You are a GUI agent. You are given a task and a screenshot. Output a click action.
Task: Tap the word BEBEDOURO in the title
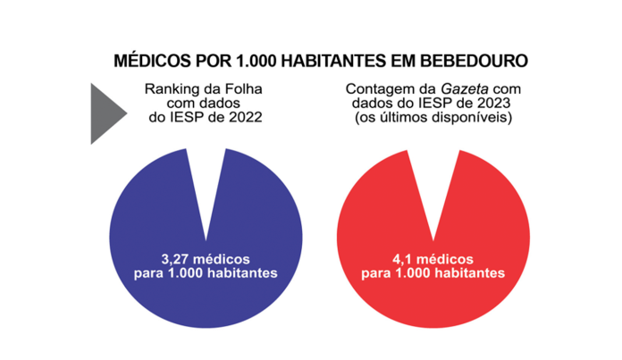(473, 61)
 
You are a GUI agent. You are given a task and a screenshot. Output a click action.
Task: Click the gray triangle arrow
(106, 113)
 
